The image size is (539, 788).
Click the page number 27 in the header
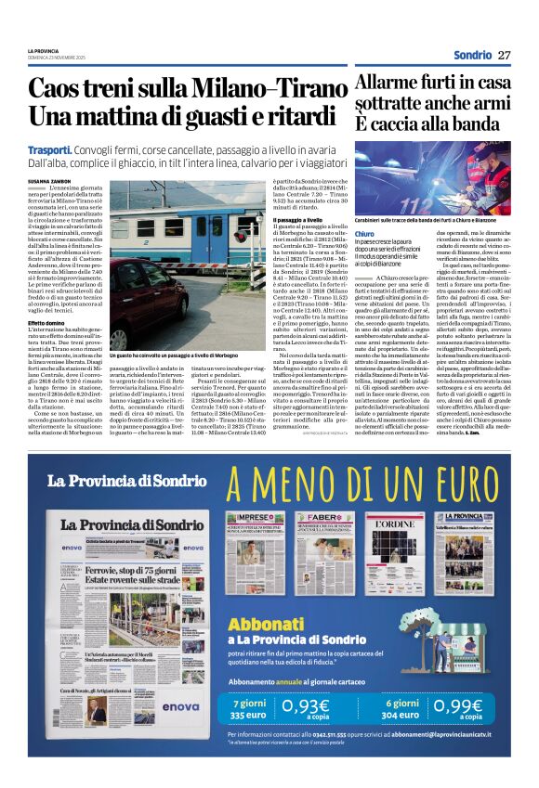click(x=504, y=55)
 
